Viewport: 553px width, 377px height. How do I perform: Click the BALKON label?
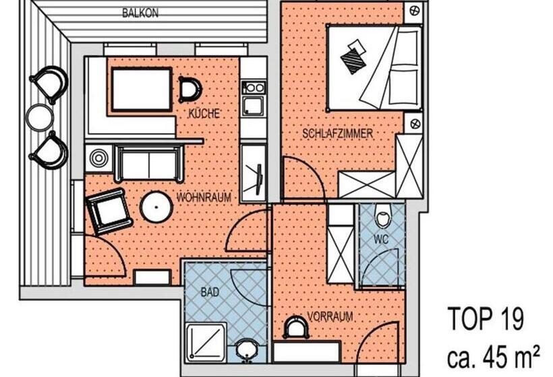point(140,13)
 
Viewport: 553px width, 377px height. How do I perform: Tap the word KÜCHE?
point(204,113)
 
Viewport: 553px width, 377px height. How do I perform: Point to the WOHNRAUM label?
point(204,197)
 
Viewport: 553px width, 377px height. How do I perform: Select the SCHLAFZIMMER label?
point(337,134)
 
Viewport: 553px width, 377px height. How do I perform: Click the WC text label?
point(381,240)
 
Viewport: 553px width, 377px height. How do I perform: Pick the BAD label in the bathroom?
point(210,292)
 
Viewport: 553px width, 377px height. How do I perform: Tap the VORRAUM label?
point(330,317)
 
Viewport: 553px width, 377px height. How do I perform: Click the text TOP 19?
point(486,318)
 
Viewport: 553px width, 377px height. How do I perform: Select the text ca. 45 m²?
point(494,356)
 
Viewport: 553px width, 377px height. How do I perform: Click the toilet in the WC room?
point(382,215)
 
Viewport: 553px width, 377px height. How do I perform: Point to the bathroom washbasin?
point(248,351)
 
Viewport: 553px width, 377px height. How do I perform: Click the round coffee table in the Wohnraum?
point(156,207)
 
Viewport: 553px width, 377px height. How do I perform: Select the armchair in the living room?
point(109,211)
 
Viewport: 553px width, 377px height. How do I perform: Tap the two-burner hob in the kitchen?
point(253,88)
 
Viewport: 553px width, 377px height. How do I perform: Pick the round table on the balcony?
point(40,117)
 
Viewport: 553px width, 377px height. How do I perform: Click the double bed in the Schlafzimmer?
point(374,67)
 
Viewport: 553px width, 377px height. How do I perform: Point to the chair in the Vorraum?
point(297,327)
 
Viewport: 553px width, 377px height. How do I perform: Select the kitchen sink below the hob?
point(252,106)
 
